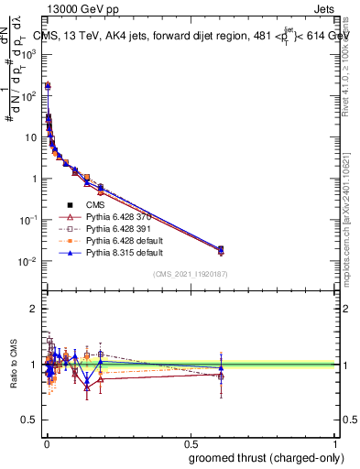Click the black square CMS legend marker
pos(70,205)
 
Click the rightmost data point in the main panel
pos(220,249)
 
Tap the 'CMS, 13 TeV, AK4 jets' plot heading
pos(102,36)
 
